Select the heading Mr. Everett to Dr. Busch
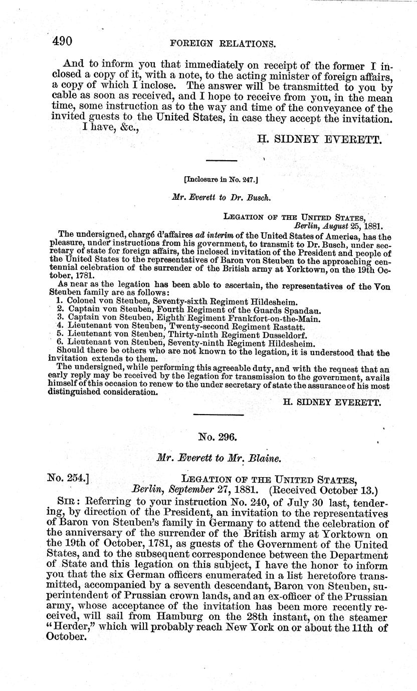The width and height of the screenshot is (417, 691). pyautogui.click(x=221, y=197)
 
